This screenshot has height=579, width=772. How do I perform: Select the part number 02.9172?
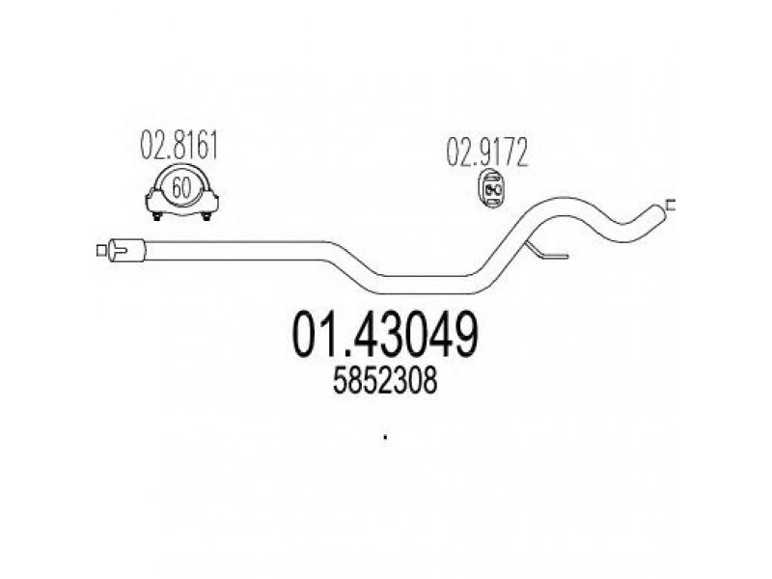point(487,152)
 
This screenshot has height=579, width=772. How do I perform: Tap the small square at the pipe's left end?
point(101,251)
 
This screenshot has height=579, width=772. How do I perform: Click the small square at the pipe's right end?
point(671,204)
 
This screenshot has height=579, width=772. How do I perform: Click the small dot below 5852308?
point(385,438)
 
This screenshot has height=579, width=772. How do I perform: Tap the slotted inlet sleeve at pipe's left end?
point(125,251)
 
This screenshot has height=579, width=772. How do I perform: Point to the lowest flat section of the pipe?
point(425,281)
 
